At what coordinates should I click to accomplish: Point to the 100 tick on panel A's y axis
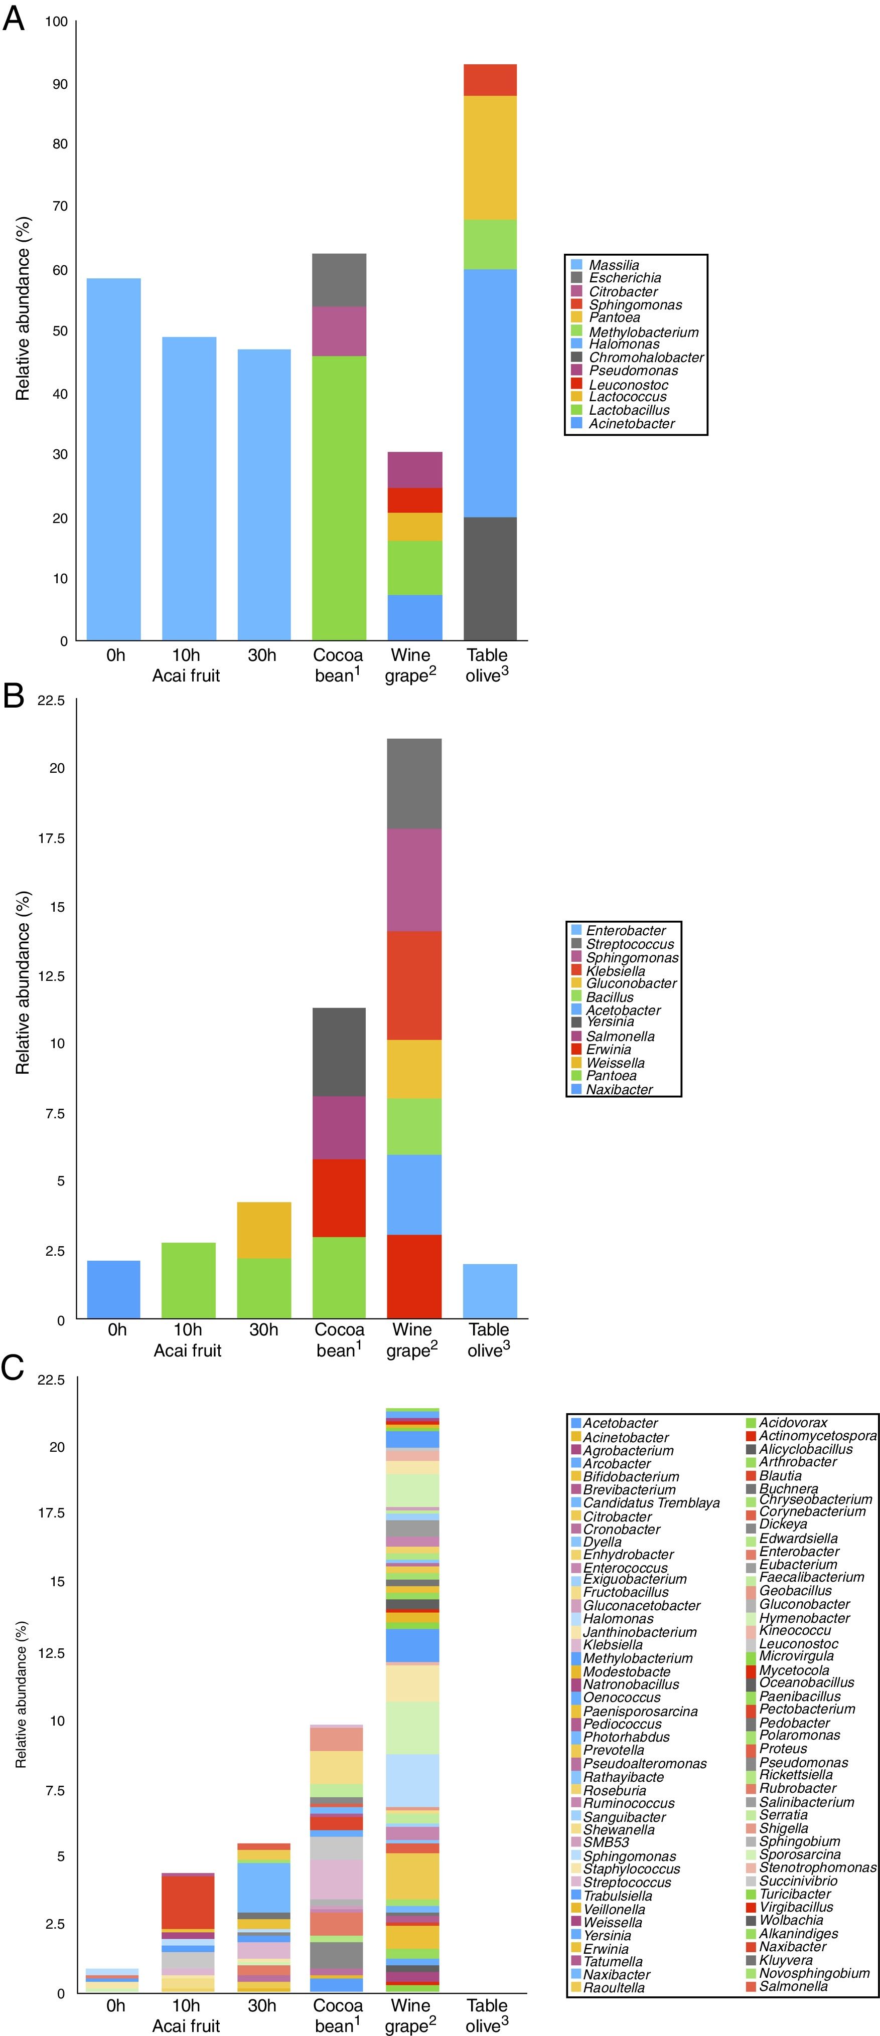(56, 22)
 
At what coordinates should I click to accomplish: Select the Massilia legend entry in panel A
(614, 265)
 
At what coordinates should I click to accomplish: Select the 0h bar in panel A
(114, 458)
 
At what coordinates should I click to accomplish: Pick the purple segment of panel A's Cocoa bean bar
(339, 331)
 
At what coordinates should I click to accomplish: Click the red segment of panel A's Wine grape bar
(415, 500)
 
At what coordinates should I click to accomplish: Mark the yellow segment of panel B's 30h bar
(264, 1230)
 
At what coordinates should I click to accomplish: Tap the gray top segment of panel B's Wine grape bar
(414, 783)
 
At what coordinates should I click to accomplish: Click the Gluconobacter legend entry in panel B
(631, 983)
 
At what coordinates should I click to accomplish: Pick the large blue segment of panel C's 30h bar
(264, 1888)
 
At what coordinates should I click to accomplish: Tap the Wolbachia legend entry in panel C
(791, 1920)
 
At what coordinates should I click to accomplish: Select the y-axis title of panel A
(23, 308)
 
